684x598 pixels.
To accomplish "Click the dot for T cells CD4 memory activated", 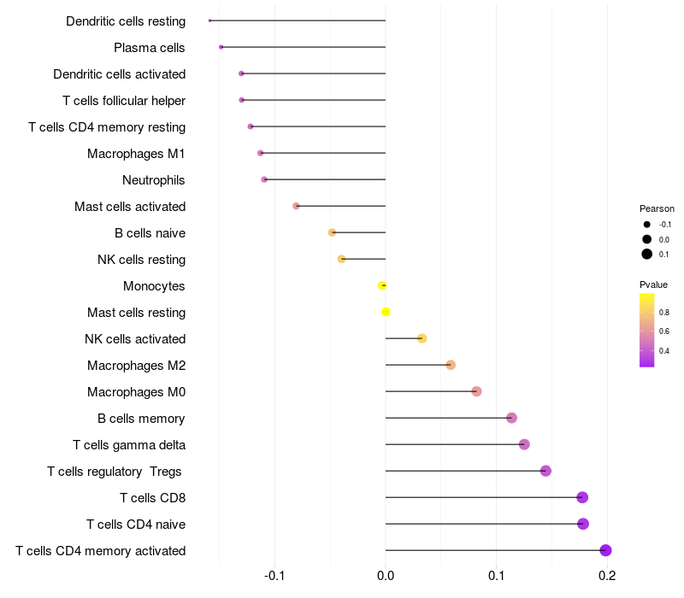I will point(605,550).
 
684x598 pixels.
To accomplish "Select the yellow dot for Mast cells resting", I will point(386,312).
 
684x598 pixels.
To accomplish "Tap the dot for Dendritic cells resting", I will point(209,21).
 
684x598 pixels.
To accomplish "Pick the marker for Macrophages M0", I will point(476,391).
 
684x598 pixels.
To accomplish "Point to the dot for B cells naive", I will point(332,232).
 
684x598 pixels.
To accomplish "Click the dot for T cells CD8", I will point(582,497).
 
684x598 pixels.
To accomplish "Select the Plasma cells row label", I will point(150,48).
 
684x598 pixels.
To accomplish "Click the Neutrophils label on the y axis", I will point(154,180).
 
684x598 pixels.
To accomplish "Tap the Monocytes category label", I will point(154,286).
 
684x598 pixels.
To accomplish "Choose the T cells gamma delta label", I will point(129,445).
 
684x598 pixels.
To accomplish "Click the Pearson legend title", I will point(657,208).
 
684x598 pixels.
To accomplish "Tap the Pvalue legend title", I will point(654,284).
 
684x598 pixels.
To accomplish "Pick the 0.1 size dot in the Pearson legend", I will point(647,254).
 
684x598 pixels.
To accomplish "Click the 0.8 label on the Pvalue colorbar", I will point(664,312).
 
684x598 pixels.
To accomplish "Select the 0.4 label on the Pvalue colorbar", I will point(664,350).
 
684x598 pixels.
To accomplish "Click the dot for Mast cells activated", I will point(296,206).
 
